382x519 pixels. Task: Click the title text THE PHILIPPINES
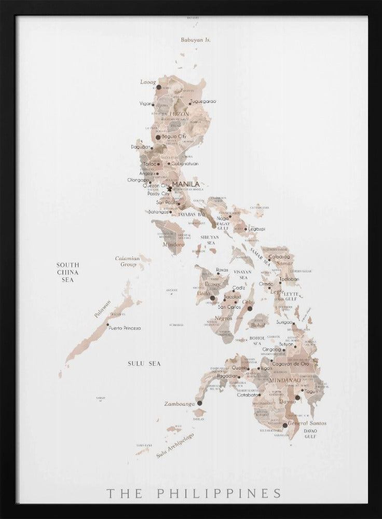click(194, 493)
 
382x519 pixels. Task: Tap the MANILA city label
click(186, 184)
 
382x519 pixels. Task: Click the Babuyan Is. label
click(192, 40)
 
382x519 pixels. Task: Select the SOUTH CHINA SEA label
click(68, 272)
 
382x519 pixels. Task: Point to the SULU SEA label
click(144, 364)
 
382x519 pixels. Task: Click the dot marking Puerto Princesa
click(108, 325)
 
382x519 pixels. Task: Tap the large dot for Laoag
click(159, 88)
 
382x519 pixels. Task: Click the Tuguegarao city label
click(203, 101)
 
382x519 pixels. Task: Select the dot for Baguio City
click(158, 137)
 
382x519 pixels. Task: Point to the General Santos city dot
click(285, 425)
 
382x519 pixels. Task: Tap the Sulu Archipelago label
click(175, 445)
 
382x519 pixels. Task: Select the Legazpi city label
click(256, 228)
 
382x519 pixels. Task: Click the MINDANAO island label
click(284, 380)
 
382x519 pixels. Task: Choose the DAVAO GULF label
click(310, 433)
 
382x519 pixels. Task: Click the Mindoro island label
click(173, 244)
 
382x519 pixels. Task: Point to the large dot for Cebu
click(250, 308)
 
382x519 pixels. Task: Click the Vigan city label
click(146, 104)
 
